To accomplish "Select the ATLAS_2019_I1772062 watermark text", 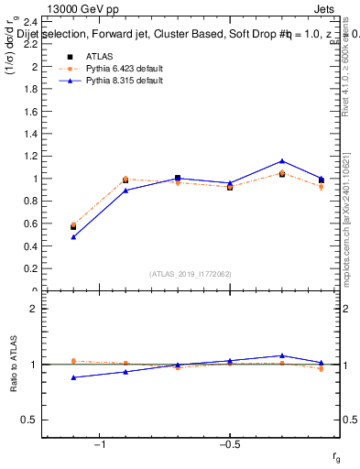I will click(191, 273).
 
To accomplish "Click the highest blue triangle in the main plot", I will click(282, 161).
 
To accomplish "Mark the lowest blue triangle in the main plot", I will click(73, 237).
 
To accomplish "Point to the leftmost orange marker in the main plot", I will click(73, 224).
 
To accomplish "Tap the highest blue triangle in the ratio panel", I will click(282, 355).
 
